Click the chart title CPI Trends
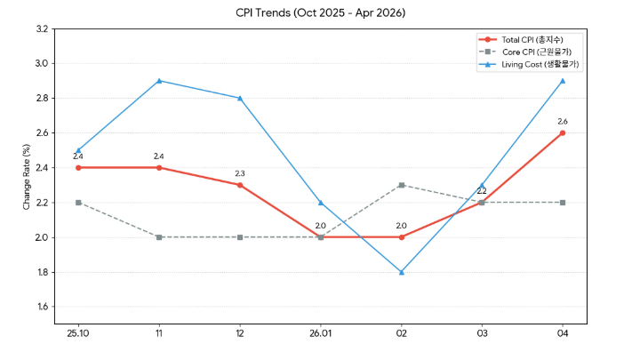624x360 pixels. [x=320, y=12]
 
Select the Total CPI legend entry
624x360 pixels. [x=521, y=40]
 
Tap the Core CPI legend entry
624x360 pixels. [x=525, y=52]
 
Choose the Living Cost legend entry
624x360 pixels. [x=529, y=64]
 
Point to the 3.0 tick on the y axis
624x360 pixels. [x=42, y=64]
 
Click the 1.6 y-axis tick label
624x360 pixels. [x=43, y=307]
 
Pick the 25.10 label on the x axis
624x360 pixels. [x=78, y=333]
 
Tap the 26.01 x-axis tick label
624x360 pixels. [x=320, y=333]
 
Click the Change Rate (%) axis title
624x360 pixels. [x=27, y=177]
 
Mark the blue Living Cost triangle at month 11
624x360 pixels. [x=159, y=81]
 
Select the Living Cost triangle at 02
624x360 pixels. [x=402, y=273]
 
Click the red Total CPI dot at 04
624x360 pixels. [x=563, y=132]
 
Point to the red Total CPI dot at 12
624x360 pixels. [x=240, y=185]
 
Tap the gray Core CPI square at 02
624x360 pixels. [x=402, y=185]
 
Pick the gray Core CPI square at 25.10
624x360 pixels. [x=78, y=203]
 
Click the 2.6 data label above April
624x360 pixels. [x=563, y=122]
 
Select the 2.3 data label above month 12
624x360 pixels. [x=240, y=174]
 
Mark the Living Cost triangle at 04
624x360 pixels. [x=563, y=81]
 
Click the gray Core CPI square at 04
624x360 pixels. [x=563, y=203]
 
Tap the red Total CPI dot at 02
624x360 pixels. [x=402, y=237]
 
